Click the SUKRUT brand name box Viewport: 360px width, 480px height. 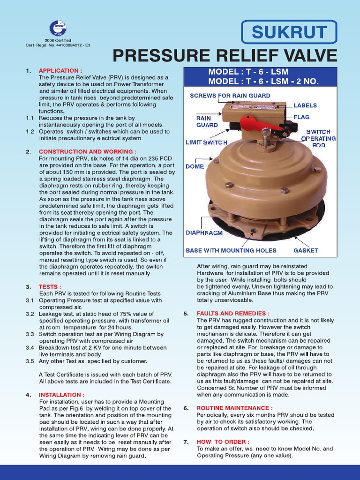pyautogui.click(x=289, y=32)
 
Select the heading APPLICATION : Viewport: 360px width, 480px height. pyautogui.click(x=60, y=70)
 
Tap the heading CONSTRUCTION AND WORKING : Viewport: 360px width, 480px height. pyautogui.click(x=88, y=151)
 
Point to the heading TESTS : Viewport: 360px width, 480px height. pyautogui.click(x=50, y=286)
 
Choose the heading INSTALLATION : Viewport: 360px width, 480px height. pyautogui.click(x=61, y=395)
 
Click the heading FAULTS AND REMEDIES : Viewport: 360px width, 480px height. pyautogui.click(x=232, y=313)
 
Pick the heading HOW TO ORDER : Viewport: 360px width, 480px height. pyautogui.click(x=223, y=442)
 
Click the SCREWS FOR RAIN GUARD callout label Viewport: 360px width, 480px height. pyautogui.click(x=230, y=96)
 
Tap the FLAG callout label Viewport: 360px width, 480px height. pyautogui.click(x=302, y=117)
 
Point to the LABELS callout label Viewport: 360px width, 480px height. pyautogui.click(x=305, y=105)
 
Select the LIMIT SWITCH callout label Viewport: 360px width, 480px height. pyautogui.click(x=207, y=142)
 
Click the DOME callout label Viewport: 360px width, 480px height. pyautogui.click(x=195, y=166)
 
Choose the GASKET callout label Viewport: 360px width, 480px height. pyautogui.click(x=306, y=250)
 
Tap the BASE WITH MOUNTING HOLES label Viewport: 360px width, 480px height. pyautogui.click(x=231, y=250)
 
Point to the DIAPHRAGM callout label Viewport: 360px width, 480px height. pyautogui.click(x=204, y=232)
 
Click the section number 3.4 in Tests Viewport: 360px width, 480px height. pyautogui.click(x=30, y=348)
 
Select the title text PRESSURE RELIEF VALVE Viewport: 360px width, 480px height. pyautogui.click(x=225, y=56)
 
